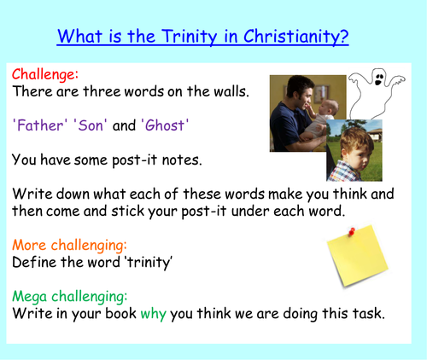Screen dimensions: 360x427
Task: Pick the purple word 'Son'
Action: tap(92, 125)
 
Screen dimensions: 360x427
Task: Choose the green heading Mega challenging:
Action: tap(69, 296)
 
